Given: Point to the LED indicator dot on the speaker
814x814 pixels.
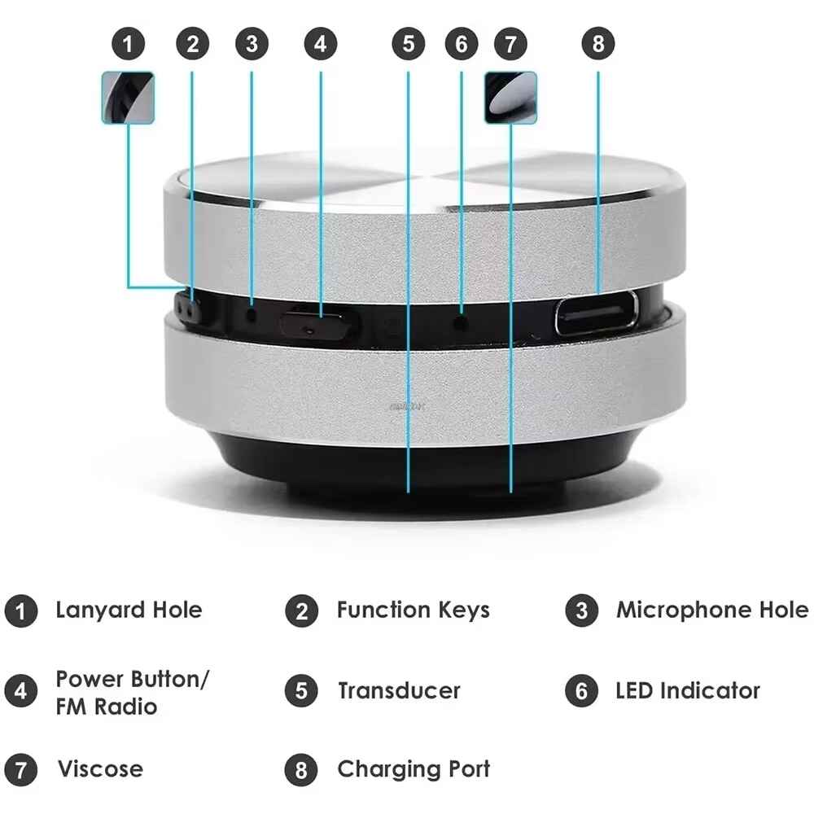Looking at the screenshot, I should (462, 322).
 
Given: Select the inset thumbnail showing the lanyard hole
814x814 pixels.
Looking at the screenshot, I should (128, 98).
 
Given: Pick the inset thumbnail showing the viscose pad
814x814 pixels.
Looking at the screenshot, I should (510, 98).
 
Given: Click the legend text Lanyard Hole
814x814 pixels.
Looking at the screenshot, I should (129, 610).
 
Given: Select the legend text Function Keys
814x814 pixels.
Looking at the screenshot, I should (413, 610).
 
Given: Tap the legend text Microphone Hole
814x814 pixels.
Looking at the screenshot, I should (711, 610).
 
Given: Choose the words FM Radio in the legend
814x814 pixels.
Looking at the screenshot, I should (106, 706).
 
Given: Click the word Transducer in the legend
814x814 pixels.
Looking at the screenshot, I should (399, 691).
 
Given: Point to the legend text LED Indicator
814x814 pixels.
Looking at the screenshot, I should (687, 691).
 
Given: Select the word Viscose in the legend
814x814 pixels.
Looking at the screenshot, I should (99, 768).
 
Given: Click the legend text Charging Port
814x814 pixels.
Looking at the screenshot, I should (413, 768).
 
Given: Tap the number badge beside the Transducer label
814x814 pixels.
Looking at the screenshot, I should (301, 692).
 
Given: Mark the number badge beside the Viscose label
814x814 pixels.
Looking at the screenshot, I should (21, 769).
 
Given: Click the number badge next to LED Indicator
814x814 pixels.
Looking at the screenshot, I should (581, 692).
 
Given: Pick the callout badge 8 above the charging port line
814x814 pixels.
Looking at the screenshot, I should (598, 44).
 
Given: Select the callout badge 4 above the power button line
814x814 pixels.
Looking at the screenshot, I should (320, 44).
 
